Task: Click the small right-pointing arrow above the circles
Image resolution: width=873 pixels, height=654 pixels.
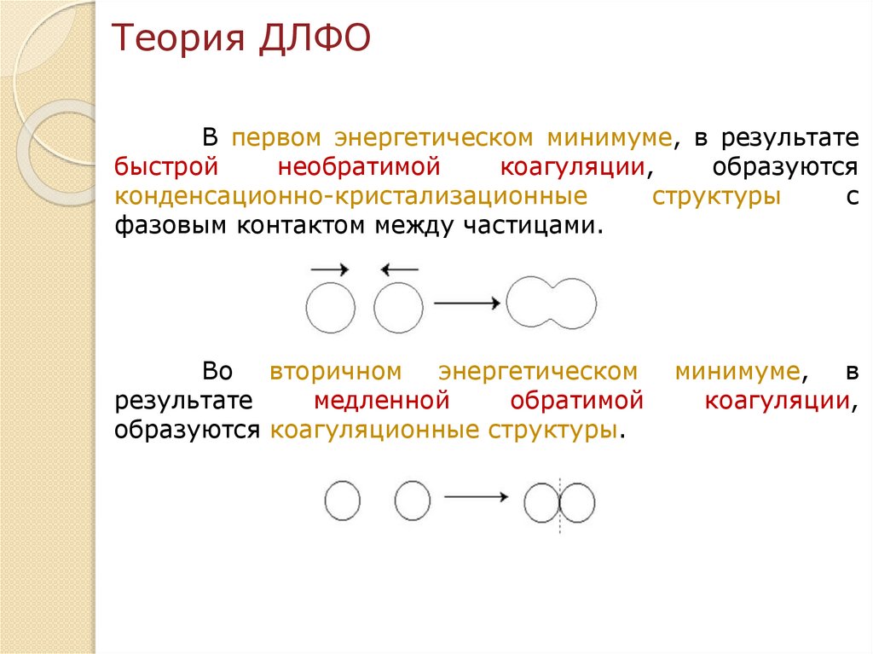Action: click(x=330, y=270)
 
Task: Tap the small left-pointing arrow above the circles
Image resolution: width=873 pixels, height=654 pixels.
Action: click(x=399, y=270)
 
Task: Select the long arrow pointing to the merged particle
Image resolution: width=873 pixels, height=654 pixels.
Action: click(x=466, y=303)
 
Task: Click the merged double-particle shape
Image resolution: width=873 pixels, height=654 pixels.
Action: click(x=551, y=303)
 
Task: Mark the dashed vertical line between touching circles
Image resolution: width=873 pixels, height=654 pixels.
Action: click(x=559, y=503)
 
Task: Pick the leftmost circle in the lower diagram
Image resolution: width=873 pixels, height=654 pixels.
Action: click(x=343, y=500)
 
